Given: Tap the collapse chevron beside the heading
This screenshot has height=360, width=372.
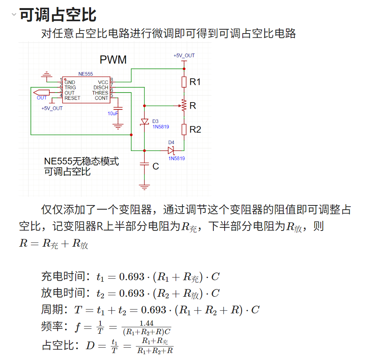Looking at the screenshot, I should [x=14, y=15].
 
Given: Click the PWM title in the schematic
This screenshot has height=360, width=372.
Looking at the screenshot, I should [x=113, y=60].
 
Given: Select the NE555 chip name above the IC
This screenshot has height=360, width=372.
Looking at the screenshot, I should [x=85, y=74].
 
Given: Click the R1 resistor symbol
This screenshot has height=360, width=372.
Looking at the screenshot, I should [x=184, y=82].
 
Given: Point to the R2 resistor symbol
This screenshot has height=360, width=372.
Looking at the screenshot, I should [x=184, y=130].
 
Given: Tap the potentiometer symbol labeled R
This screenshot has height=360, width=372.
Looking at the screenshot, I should [x=184, y=105].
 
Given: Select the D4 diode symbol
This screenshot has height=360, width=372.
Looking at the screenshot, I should [x=171, y=150].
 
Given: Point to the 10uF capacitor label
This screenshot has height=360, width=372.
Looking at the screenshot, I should [x=113, y=114].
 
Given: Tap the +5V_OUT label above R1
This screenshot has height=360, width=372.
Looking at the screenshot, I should [x=184, y=56].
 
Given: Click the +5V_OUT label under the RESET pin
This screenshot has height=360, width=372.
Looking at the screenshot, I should [x=52, y=108].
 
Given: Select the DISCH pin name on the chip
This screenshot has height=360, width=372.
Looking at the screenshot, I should [x=101, y=88].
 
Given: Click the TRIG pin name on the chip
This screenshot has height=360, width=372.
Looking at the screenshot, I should [x=70, y=88].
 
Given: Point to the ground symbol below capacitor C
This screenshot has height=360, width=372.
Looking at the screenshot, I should [x=144, y=187].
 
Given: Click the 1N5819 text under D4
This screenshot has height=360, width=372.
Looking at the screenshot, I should [x=176, y=158].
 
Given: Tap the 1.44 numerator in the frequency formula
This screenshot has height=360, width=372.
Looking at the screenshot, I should [x=146, y=323].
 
